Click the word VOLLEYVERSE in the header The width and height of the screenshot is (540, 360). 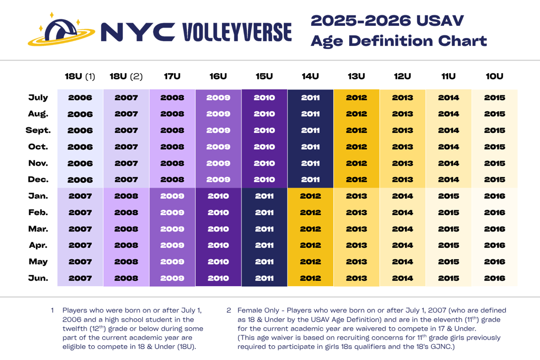click(237, 32)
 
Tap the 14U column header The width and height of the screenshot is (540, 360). click(310, 76)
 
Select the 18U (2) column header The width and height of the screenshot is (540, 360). click(126, 76)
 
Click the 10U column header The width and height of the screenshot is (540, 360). click(494, 76)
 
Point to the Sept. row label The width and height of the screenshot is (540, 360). click(38, 130)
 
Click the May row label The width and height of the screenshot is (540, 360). click(38, 261)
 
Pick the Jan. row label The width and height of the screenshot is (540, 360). click(38, 196)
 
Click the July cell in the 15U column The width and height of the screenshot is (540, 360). click(264, 98)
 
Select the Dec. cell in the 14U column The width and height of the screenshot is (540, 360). click(310, 180)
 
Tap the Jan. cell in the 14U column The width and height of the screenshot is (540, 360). click(310, 196)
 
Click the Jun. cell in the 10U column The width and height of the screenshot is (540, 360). click(494, 278)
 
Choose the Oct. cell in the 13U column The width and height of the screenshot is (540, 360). click(356, 147)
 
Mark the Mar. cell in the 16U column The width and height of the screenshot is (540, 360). click(218, 229)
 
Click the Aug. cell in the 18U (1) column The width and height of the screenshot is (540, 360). click(80, 114)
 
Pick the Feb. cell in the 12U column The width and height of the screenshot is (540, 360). click(402, 212)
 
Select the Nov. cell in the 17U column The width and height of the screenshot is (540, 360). click(172, 163)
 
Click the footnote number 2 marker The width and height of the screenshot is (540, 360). click(229, 310)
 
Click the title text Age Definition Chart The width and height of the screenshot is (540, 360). click(398, 41)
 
